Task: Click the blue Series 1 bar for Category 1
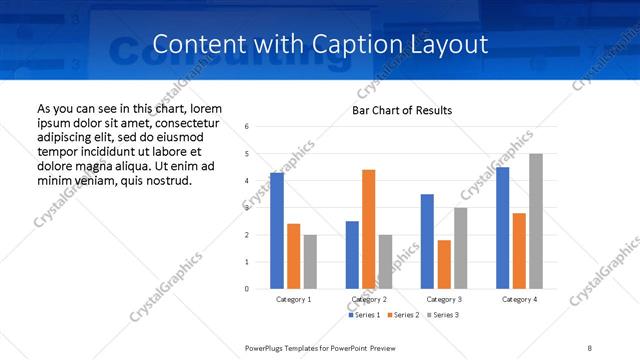pos(277,230)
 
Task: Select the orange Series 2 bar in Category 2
pos(368,229)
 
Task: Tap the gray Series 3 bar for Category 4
pos(536,221)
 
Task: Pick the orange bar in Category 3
pos(444,264)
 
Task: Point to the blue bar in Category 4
pos(502,228)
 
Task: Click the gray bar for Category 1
pos(310,261)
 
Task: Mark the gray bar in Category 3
pos(460,248)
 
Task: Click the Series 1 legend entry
pos(364,315)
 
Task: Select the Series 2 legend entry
pos(403,315)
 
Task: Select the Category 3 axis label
pos(444,299)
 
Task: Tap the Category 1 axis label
pos(294,299)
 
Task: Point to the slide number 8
pos(590,347)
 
